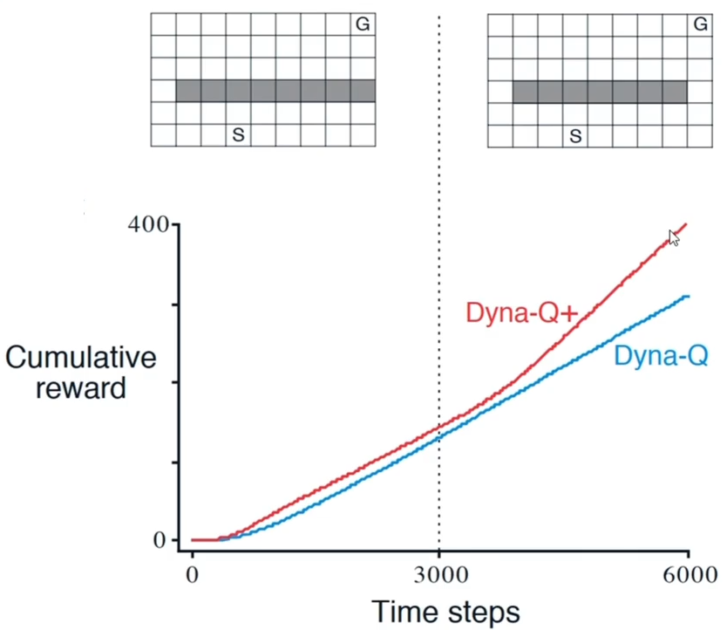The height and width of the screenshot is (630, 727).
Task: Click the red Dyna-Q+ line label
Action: point(521,312)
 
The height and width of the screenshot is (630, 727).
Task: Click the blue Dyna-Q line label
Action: point(660,356)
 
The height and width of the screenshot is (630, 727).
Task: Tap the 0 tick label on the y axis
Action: point(160,540)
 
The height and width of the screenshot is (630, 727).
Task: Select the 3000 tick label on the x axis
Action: point(438,576)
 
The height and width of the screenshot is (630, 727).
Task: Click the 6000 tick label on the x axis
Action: point(689,576)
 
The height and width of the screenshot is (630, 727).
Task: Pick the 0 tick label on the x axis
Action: point(192,576)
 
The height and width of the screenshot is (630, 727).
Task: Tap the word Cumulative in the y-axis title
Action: point(81,358)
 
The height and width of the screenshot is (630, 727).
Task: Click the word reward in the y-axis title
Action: point(81,387)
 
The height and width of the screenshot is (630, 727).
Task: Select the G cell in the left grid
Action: point(363,24)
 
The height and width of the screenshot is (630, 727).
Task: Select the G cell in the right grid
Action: point(699,24)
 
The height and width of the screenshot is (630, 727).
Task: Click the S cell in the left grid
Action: point(238,135)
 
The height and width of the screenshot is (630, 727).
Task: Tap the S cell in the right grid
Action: point(574,135)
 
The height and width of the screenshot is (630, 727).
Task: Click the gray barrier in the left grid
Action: point(275,91)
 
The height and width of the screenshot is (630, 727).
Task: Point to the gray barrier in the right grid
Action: point(600,91)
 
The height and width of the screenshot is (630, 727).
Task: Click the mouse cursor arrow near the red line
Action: point(673,236)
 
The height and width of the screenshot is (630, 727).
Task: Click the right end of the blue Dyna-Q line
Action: point(688,297)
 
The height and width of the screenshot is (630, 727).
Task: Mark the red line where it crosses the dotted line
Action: point(438,428)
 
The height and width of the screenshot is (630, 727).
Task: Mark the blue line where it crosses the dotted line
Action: point(438,436)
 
